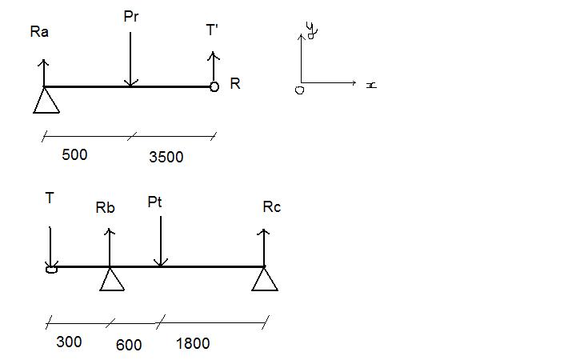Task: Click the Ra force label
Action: pos(39,32)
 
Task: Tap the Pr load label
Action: pos(132,16)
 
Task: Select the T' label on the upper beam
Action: pos(212,30)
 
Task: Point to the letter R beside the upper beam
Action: pos(234,83)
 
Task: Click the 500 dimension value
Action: pos(74,154)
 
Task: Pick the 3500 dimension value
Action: pos(166,158)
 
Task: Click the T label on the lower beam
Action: pos(50,198)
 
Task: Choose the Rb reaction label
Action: pos(105,208)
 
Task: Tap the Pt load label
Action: pos(155,202)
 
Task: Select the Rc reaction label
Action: pos(271,207)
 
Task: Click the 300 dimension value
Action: pos(69,342)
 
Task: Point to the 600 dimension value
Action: pos(128,345)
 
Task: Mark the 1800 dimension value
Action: pos(192,343)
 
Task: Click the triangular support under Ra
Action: pos(46,101)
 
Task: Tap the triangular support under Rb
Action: pos(110,279)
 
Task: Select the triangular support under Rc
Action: pos(265,279)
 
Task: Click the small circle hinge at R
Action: pos(214,86)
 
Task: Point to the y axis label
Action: pos(312,30)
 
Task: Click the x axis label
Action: pos(371,84)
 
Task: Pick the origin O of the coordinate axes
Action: pos(299,90)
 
